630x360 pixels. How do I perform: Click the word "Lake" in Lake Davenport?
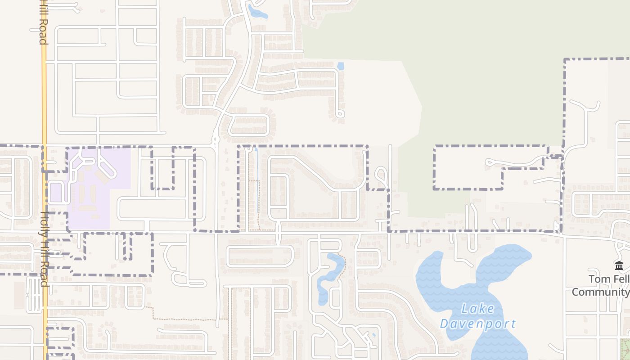(x=478, y=309)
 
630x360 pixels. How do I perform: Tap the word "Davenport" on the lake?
(x=477, y=324)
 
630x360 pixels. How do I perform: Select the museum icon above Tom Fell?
(x=619, y=266)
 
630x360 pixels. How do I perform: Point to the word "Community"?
(x=601, y=292)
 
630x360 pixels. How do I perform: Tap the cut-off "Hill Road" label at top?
(x=43, y=22)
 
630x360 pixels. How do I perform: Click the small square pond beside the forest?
(x=341, y=66)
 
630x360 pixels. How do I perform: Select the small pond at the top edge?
(x=257, y=12)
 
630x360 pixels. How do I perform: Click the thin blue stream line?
(x=257, y=180)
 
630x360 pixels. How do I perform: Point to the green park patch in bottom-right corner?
(x=625, y=349)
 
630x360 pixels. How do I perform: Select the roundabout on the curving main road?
(x=215, y=140)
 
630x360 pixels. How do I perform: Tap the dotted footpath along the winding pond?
(x=345, y=265)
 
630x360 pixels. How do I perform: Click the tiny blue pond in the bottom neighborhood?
(x=373, y=335)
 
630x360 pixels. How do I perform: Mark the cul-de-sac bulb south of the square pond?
(x=341, y=114)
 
